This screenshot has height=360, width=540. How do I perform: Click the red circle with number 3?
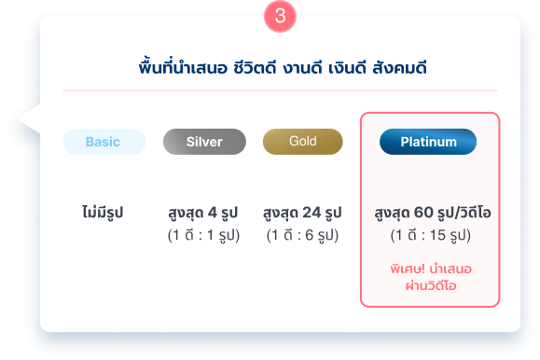coord(280,16)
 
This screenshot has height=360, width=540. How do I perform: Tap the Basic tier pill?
coord(104,142)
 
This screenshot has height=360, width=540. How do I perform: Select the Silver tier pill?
coord(204,142)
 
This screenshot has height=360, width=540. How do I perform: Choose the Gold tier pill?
coord(303,142)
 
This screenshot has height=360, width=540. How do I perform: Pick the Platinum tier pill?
coord(428,142)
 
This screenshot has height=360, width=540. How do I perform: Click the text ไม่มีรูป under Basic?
coord(103,213)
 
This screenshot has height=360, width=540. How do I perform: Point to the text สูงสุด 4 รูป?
coord(203,213)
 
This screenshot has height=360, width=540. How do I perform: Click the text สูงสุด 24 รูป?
coord(302,213)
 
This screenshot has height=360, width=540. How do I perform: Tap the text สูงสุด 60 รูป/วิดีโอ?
coord(433,213)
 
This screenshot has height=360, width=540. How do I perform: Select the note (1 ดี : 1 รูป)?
coord(203,235)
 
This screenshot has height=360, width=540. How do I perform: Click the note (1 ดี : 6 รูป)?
coord(302,235)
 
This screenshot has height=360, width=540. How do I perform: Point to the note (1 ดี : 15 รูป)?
coord(431,235)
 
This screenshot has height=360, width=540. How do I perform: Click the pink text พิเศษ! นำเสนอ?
coord(431,269)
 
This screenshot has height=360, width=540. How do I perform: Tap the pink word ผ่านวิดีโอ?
coord(431,285)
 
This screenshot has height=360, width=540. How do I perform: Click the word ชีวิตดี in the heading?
coord(255,67)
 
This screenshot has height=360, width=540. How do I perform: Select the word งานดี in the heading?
coord(303,68)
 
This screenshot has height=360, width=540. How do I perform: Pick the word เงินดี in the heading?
coord(347,67)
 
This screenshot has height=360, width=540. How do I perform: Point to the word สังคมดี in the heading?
coord(400,67)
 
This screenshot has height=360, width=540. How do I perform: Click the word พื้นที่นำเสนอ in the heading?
coord(183,67)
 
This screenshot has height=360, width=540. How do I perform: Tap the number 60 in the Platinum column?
coord(423,213)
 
